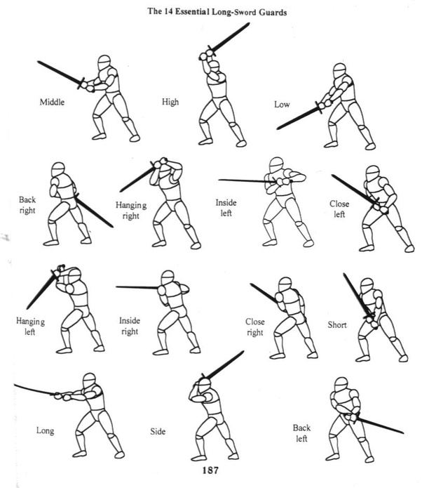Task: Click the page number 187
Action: click(x=210, y=470)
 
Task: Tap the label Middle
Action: click(x=52, y=102)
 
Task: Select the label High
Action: click(x=170, y=102)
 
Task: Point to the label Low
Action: click(x=282, y=104)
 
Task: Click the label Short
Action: click(x=337, y=325)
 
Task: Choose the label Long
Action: click(x=46, y=431)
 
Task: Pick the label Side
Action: click(x=158, y=431)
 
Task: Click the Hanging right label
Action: click(x=131, y=211)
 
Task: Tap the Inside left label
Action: click(x=226, y=208)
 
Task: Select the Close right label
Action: click(x=255, y=327)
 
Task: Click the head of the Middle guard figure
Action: click(x=104, y=62)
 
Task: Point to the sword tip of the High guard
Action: click(x=249, y=23)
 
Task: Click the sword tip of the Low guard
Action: click(x=278, y=128)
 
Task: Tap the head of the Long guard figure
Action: click(x=90, y=381)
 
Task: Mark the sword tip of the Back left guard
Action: click(x=403, y=433)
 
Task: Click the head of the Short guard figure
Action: click(x=367, y=286)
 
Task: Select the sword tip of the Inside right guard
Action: click(x=117, y=286)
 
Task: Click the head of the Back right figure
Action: click(x=58, y=170)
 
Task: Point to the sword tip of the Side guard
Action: click(x=243, y=352)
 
